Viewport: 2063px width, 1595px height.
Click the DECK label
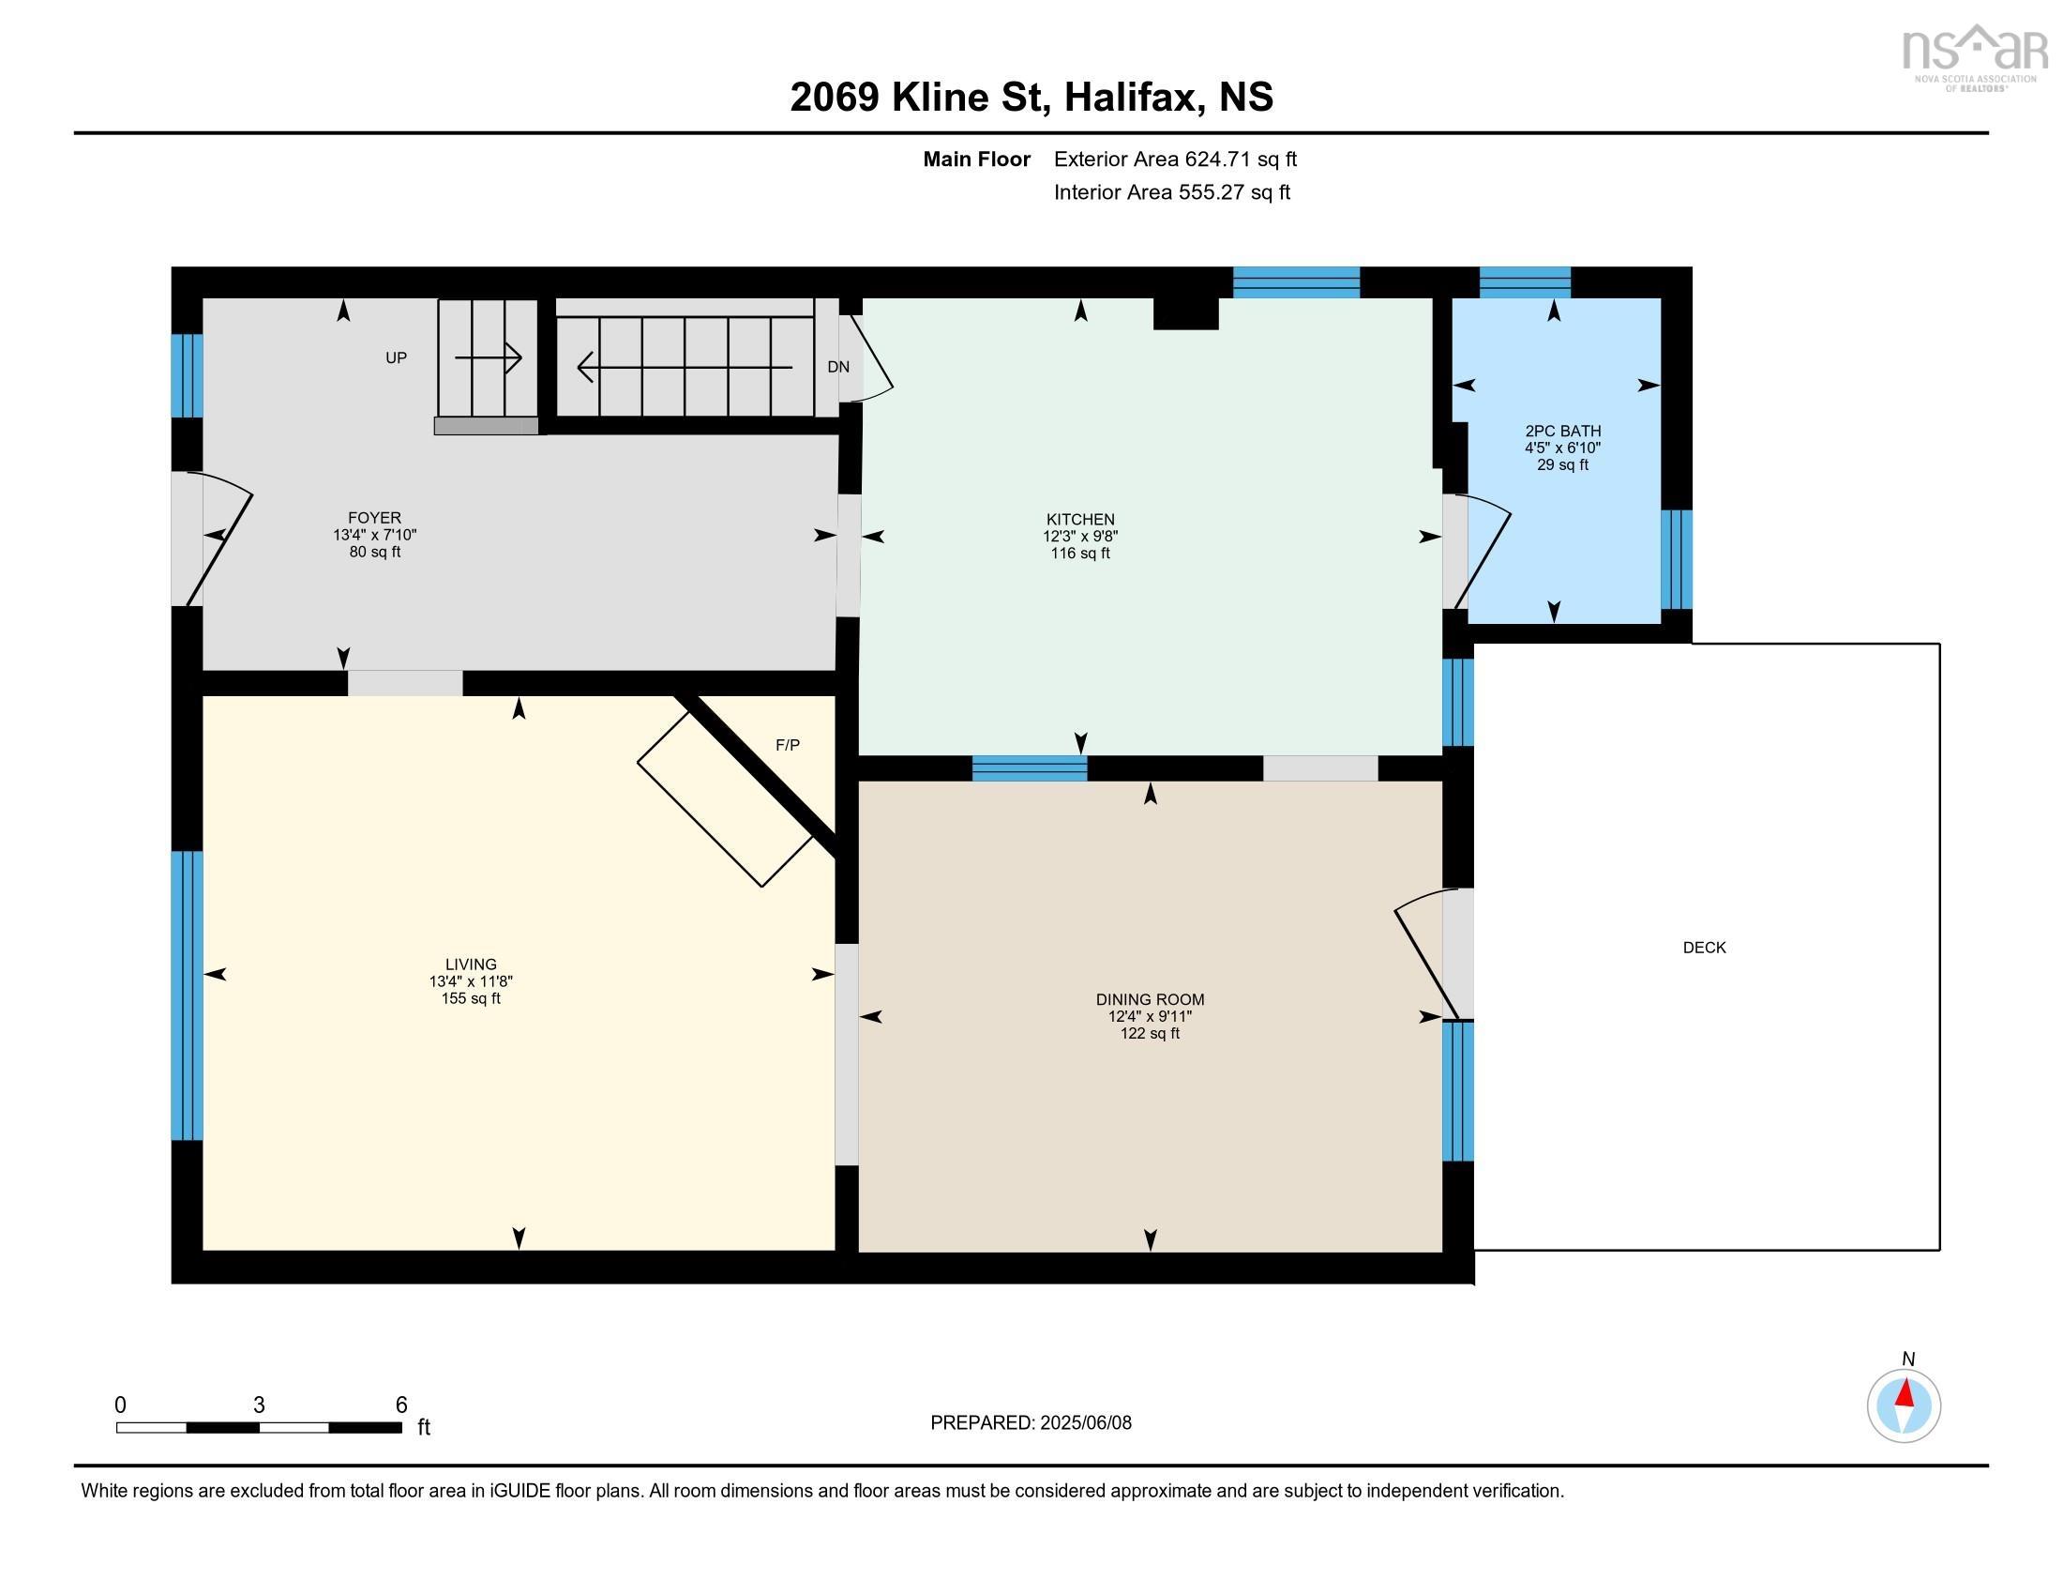pos(1704,948)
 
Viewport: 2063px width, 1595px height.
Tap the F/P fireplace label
pos(788,746)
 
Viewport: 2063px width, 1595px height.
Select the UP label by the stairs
pos(396,358)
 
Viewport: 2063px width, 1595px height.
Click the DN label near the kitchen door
pos(837,368)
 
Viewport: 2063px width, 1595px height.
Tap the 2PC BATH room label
pos(1562,431)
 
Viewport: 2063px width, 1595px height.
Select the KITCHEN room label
pos(1080,520)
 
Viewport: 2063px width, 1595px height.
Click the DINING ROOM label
pos(1150,1000)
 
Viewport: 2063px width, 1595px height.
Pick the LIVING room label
pos(471,965)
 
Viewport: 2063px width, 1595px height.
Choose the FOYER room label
pos(375,518)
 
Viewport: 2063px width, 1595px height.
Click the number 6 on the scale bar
pos(401,1405)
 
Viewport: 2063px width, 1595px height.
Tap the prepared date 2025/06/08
pos(1085,1423)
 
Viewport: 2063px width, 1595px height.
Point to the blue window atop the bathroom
pos(1525,282)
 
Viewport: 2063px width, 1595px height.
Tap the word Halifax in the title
pos(1134,98)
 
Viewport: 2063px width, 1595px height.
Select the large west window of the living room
pos(187,995)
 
